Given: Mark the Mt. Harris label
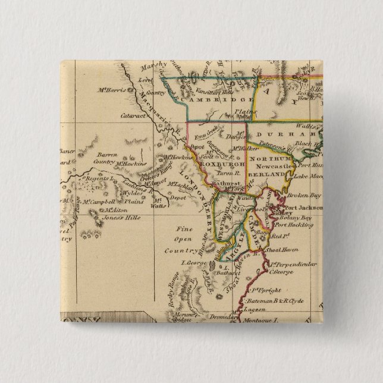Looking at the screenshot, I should pyautogui.click(x=111, y=90).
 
